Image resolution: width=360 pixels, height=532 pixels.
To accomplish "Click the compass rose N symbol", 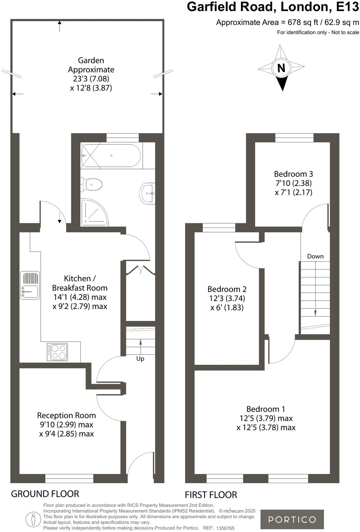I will tap(281, 68).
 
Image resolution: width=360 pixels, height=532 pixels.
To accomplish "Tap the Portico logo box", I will tap(292, 519).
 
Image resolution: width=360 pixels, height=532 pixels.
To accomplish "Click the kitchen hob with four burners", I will tap(58, 352).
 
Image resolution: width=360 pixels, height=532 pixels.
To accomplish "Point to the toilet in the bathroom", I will tap(92, 184).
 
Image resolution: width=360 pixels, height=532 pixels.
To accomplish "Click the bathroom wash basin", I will tap(147, 193).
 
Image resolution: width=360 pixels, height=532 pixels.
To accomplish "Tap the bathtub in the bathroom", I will tap(111, 156).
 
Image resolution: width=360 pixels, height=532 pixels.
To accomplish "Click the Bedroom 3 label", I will tap(293, 174).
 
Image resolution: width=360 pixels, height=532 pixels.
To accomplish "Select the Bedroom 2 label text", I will tap(227, 289).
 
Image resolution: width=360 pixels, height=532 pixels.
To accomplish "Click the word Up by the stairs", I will tap(140, 358).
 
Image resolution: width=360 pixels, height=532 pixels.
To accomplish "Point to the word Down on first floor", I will tap(315, 256).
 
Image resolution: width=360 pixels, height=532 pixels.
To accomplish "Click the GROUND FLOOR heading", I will tap(45, 494).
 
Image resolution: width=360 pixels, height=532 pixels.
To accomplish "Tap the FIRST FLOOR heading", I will tap(210, 495).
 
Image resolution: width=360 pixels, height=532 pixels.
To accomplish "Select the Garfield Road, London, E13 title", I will tap(273, 7).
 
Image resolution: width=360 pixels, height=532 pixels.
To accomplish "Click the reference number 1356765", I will tap(225, 528).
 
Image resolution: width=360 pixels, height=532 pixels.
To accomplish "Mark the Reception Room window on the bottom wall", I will tap(69, 478).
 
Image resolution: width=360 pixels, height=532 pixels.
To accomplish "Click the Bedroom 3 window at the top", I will tap(294, 138).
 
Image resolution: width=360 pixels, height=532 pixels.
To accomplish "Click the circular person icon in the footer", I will tap(33, 519).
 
